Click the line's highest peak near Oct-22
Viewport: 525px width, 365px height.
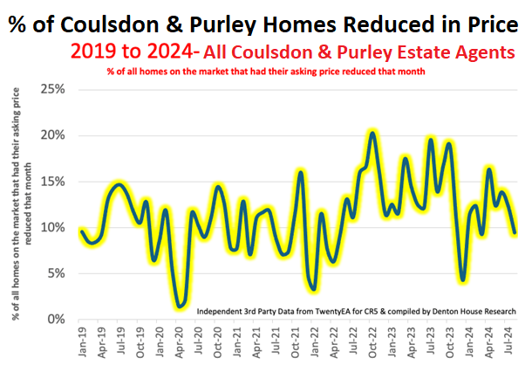pyautogui.click(x=373, y=133)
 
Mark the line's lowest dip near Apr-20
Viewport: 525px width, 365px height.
pyautogui.click(x=180, y=306)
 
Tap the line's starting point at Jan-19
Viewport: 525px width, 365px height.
pyautogui.click(x=81, y=231)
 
